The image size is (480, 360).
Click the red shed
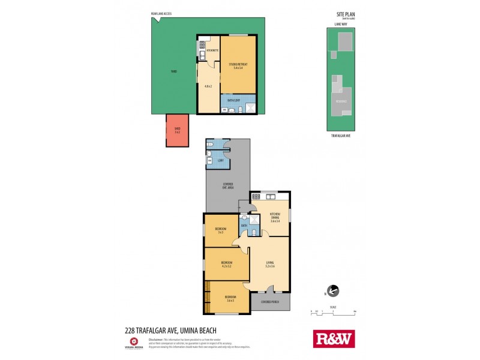pyautogui.click(x=178, y=130)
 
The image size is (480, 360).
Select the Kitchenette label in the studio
pyautogui.click(x=212, y=51)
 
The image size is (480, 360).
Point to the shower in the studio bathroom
pyautogui.click(x=250, y=109)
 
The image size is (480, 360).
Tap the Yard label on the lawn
pyautogui.click(x=173, y=71)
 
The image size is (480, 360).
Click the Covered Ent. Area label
pyautogui.click(x=228, y=187)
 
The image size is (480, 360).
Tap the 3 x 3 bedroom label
pyautogui.click(x=220, y=231)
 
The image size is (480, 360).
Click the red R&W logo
pyautogui.click(x=334, y=338)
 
